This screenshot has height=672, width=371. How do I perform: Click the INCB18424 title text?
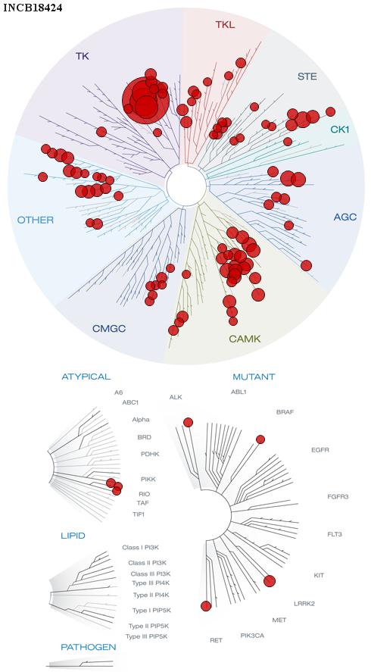pos(33,8)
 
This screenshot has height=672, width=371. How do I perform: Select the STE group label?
pos(307,77)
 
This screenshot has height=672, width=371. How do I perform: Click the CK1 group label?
pos(340,129)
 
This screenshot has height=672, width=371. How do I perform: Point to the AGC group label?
pos(344,217)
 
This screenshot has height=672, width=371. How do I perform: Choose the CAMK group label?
pos(245,339)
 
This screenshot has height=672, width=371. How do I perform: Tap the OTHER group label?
pos(36,220)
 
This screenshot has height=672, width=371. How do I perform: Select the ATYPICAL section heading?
pos(86,377)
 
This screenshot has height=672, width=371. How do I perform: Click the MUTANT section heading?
pos(254,377)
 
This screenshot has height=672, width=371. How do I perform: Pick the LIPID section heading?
pos(73,536)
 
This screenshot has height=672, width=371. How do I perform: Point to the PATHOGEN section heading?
pos(89,647)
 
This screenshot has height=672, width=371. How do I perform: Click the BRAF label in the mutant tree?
pos(285,412)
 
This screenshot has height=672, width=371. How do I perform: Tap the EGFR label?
pos(320,450)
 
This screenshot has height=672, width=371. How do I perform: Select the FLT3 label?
pos(335,534)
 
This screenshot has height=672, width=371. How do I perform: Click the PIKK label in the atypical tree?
pos(148,479)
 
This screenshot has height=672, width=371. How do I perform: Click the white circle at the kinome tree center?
pos(187,186)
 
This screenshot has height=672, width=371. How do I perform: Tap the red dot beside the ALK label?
pos(188,423)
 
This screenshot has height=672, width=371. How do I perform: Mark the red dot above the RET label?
pos(206,606)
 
